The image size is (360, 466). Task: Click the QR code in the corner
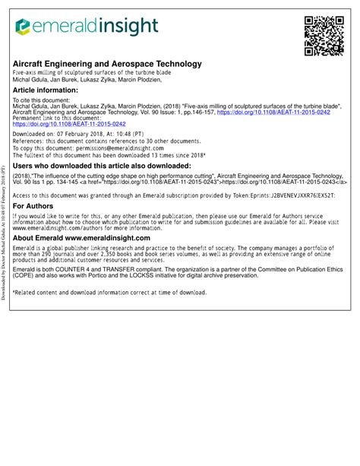tap(322, 36)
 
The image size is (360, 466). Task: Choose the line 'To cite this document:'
tap(45, 100)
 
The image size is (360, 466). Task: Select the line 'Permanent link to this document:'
tap(57, 117)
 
